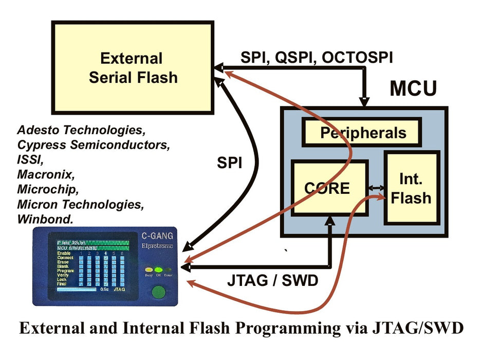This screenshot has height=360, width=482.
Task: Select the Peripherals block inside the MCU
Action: point(363,133)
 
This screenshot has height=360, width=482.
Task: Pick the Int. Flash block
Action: point(411,188)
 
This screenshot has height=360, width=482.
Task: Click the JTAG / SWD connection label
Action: point(272,281)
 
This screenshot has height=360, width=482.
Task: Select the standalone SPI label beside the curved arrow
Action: point(229,163)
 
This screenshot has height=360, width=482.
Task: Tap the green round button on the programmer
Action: point(158,292)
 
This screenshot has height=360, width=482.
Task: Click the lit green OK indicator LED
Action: point(158,269)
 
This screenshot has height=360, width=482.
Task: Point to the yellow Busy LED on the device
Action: point(149,269)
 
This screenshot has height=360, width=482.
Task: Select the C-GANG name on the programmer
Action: point(157,237)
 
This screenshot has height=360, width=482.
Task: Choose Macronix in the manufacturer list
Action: point(42,174)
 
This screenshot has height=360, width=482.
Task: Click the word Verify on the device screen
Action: point(65,275)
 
